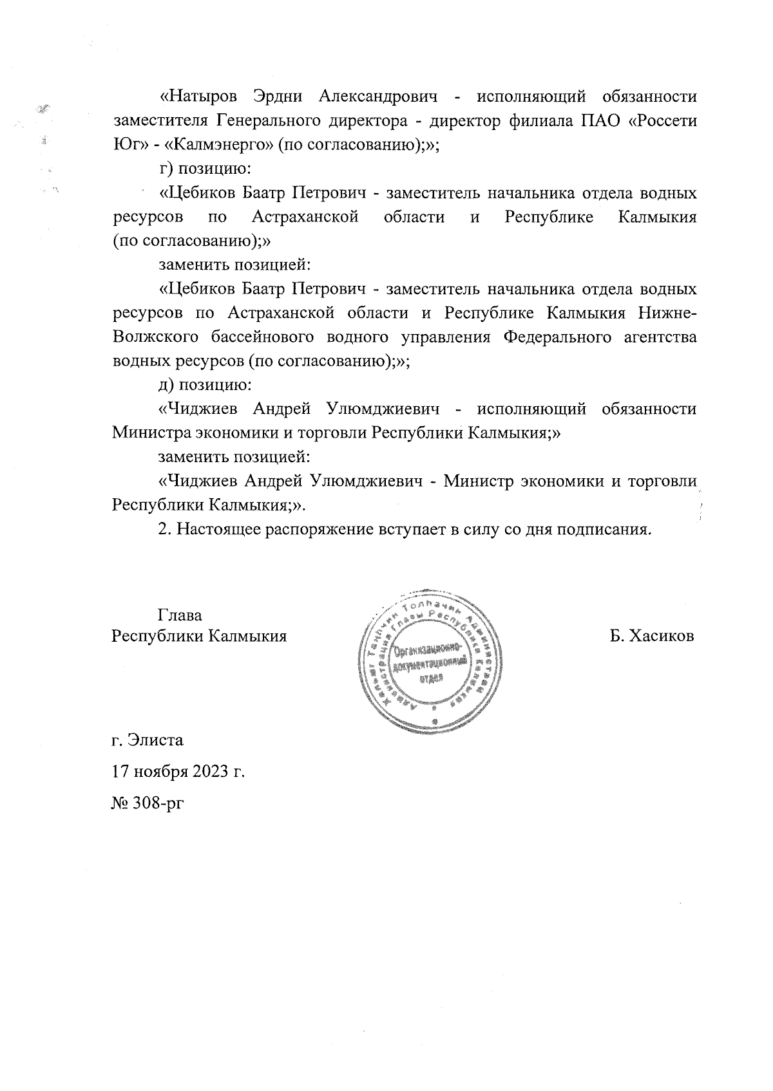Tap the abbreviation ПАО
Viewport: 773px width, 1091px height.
pos(598,120)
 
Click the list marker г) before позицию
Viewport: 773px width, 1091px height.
pos(166,169)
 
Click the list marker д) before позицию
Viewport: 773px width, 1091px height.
pos(166,385)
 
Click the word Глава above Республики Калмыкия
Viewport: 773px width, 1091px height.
pos(180,615)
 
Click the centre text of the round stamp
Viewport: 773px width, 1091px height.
pos(431,665)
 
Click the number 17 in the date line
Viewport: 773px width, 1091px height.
pos(120,770)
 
